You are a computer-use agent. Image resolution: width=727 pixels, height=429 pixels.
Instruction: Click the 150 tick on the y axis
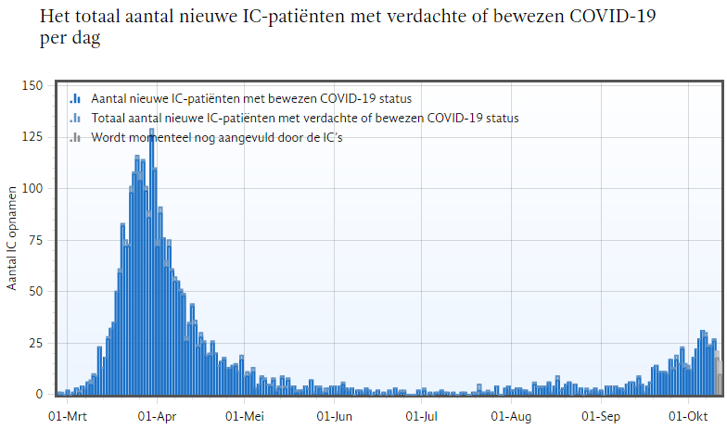[x=32, y=86]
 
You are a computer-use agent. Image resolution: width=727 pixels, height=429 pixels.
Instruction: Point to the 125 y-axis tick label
[x=32, y=137]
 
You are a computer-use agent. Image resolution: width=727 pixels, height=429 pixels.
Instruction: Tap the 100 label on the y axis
[x=32, y=189]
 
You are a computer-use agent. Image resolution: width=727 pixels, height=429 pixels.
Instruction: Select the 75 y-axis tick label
[x=36, y=240]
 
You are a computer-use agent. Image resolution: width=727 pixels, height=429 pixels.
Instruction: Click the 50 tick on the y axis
[x=36, y=292]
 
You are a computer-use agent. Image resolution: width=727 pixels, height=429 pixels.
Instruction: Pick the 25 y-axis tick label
[x=36, y=343]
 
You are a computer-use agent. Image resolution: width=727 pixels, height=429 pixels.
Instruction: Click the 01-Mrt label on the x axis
[x=67, y=416]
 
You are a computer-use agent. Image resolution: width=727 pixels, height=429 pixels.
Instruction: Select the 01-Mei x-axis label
[x=246, y=416]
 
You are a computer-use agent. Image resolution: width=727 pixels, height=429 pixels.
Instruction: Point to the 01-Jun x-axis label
[x=334, y=416]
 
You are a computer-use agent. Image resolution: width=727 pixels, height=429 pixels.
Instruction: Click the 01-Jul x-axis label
[x=423, y=416]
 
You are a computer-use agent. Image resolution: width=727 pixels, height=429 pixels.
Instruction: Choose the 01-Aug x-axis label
[x=511, y=416]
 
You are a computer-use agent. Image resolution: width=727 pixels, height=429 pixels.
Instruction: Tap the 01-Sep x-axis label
[x=600, y=416]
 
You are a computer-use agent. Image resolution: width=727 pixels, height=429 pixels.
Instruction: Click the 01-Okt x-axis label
[x=687, y=416]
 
